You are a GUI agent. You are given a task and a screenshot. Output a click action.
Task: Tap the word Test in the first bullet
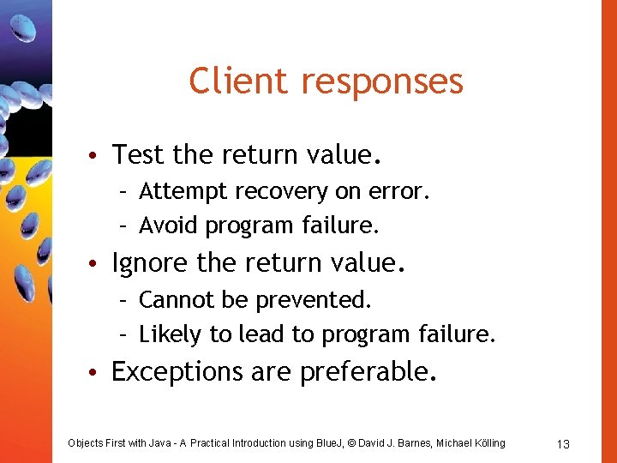(139, 155)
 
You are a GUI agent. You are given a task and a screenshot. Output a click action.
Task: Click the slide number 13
(563, 443)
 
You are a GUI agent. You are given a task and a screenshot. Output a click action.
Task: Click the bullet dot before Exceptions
(99, 373)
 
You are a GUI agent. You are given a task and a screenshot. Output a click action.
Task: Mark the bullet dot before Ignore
(99, 264)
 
